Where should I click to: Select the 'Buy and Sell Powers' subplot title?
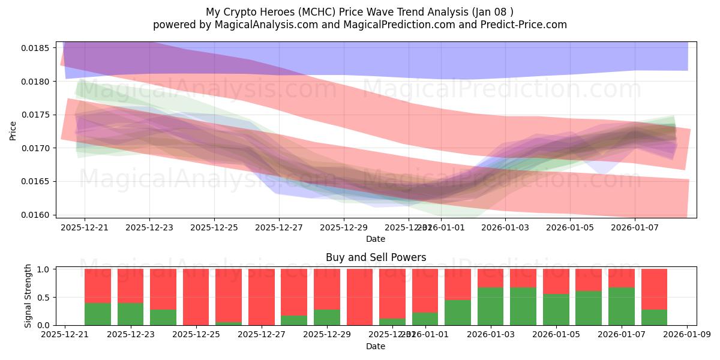[x=376, y=257]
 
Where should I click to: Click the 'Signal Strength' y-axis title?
[x=28, y=296]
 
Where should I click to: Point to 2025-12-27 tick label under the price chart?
[x=279, y=227]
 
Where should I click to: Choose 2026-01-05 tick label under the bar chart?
[x=556, y=334]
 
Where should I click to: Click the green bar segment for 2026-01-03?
[x=491, y=307]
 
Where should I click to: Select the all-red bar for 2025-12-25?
[x=196, y=297]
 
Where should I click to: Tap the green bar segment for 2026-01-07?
[x=622, y=307]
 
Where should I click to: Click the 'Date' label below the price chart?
[x=376, y=239]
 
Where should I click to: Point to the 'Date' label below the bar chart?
[x=376, y=346]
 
